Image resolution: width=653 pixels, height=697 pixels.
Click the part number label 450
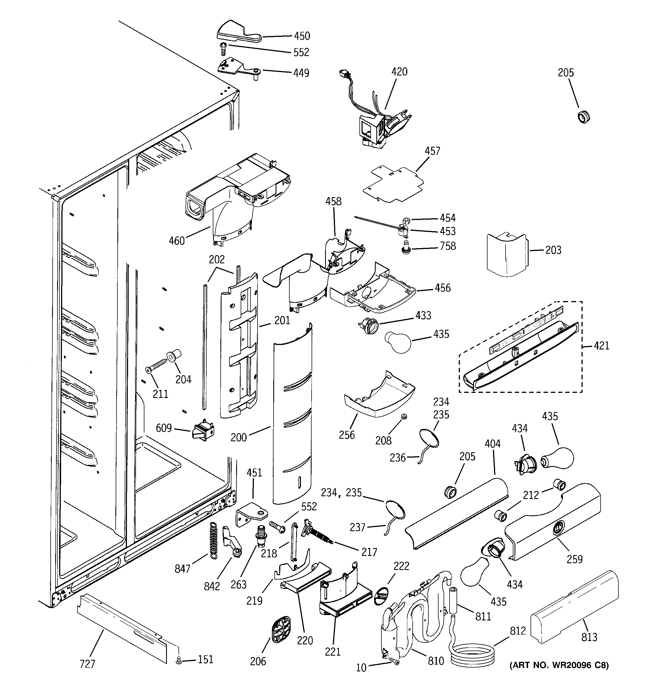[x=302, y=36]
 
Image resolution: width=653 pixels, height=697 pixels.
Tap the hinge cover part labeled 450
[x=234, y=33]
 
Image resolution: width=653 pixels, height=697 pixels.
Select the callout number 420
[x=399, y=72]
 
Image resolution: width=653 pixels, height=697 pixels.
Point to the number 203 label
[x=553, y=250]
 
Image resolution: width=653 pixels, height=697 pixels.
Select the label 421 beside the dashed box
[x=601, y=346]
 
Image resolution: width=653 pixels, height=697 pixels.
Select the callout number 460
[x=177, y=241]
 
